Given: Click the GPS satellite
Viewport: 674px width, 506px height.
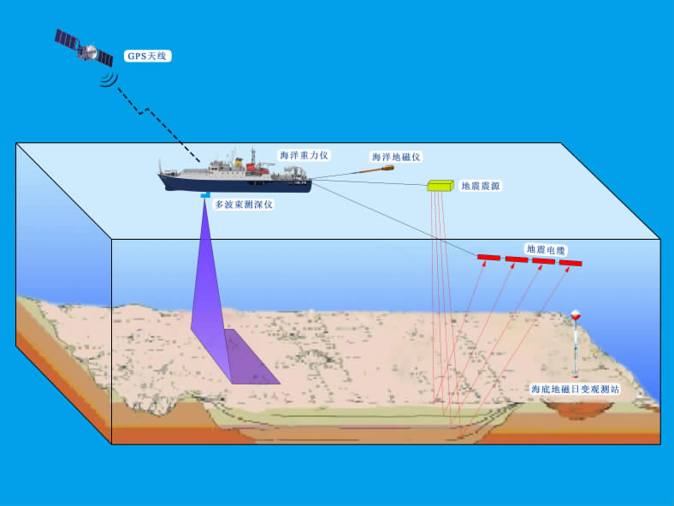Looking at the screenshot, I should [x=84, y=49].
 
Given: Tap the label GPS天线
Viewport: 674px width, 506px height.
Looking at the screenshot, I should [x=149, y=56].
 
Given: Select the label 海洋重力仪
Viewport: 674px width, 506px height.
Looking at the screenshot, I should [x=304, y=155].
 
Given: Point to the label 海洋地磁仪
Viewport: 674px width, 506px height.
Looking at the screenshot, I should [x=396, y=157].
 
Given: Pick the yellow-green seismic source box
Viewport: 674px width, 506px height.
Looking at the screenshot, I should [x=440, y=185].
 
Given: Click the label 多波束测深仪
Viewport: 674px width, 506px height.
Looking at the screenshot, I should [x=244, y=205].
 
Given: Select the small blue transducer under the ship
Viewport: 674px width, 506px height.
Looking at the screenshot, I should [x=205, y=197].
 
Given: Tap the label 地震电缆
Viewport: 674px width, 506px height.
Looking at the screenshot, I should [x=546, y=249].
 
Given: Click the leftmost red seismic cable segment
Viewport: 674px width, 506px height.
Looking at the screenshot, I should [x=489, y=258].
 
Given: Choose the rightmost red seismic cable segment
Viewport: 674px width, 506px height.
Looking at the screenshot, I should [x=571, y=262].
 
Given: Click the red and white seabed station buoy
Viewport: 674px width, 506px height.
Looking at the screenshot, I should [x=576, y=317].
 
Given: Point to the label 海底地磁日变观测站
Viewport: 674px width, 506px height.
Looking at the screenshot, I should [x=575, y=389].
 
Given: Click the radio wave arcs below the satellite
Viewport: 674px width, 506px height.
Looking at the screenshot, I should [x=108, y=79].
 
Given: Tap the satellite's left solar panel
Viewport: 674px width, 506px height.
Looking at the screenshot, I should [x=65, y=39].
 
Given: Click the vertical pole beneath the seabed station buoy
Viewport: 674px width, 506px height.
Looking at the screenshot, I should [x=576, y=351].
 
